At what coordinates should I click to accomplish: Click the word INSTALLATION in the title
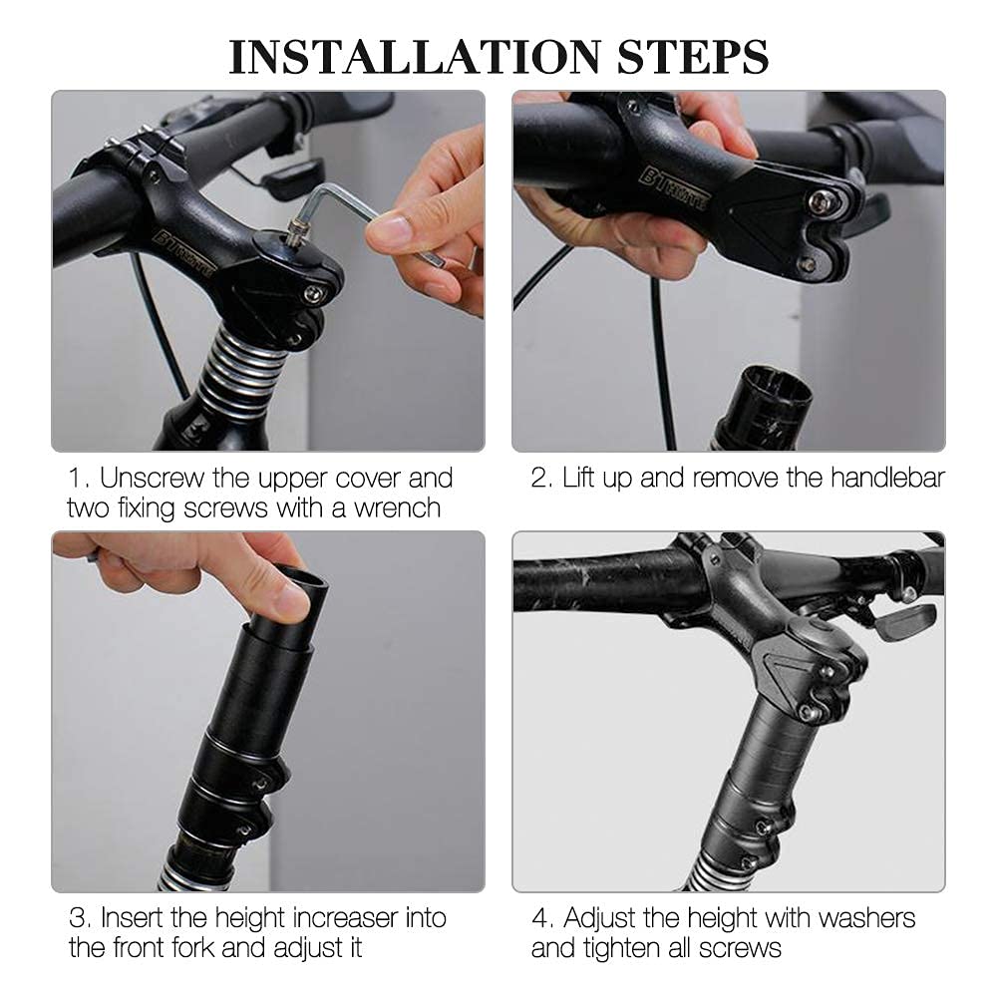[x=415, y=57]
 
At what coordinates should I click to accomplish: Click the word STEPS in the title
[x=693, y=57]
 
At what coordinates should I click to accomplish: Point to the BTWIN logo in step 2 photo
[x=673, y=188]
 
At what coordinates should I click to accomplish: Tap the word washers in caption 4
[x=867, y=918]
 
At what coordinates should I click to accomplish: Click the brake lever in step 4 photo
[x=904, y=620]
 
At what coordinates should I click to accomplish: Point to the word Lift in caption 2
[x=578, y=479]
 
